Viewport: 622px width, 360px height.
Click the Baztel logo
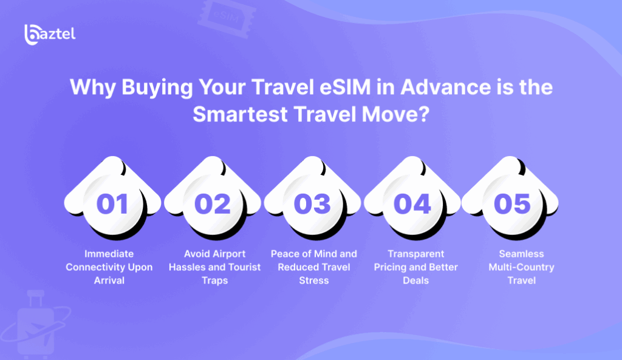[x=50, y=35]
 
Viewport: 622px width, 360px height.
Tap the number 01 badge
[x=112, y=198]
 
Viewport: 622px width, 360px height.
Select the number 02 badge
[x=213, y=198]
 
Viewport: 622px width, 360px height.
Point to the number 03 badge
[x=313, y=198]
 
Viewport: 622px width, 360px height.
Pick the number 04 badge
[x=412, y=198]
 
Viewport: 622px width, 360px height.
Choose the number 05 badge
[x=511, y=198]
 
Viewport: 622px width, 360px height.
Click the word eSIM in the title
[x=345, y=87]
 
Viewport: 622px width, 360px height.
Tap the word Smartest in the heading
[x=240, y=114]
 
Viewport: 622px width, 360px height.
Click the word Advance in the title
[x=445, y=87]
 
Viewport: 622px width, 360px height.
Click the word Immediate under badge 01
[x=109, y=254]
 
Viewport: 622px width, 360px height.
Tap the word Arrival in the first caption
[x=109, y=280]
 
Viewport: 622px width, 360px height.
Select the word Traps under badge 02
[x=214, y=280]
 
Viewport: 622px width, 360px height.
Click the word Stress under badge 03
[x=314, y=280]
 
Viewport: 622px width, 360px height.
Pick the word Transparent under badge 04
[x=415, y=254]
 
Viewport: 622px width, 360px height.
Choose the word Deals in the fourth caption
[x=415, y=280]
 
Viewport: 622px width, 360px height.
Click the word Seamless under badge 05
[x=521, y=254]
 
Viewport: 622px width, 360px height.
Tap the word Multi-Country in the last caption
[x=521, y=267]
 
